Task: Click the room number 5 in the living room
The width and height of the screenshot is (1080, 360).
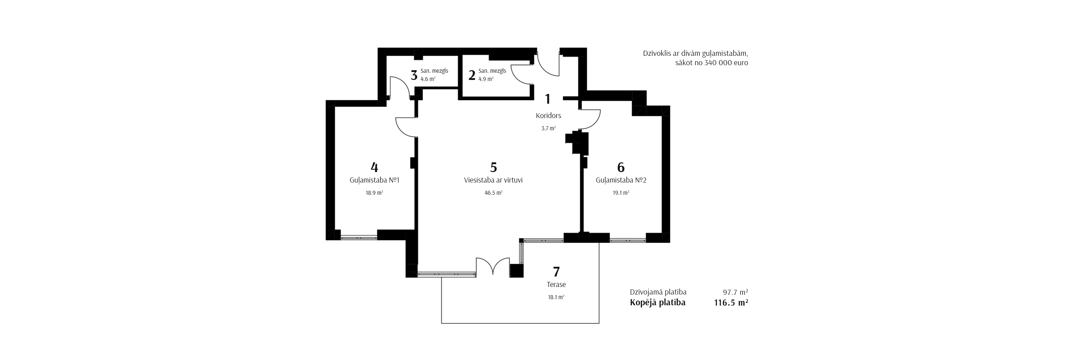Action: pyautogui.click(x=494, y=167)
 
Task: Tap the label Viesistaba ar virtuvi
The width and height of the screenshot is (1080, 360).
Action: pyautogui.click(x=493, y=180)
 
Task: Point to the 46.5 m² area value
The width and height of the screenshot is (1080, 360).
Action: pyautogui.click(x=493, y=193)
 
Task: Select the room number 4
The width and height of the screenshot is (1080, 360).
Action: pyautogui.click(x=374, y=167)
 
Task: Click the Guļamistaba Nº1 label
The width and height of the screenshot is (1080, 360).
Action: pyautogui.click(x=374, y=180)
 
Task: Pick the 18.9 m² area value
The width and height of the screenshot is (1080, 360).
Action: pyautogui.click(x=374, y=193)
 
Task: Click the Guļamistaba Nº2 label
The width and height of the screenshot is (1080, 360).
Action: pyautogui.click(x=621, y=180)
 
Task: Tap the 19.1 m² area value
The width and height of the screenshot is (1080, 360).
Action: pyautogui.click(x=621, y=193)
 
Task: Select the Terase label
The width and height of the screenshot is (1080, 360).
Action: pyautogui.click(x=556, y=284)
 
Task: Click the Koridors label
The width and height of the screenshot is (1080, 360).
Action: pyautogui.click(x=548, y=116)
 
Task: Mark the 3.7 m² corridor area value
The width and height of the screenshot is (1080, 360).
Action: pyautogui.click(x=548, y=129)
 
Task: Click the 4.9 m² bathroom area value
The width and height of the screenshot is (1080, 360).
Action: pyautogui.click(x=486, y=79)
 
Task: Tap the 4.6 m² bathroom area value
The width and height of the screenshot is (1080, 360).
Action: pyautogui.click(x=428, y=79)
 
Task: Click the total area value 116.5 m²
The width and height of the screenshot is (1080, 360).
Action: pyautogui.click(x=731, y=303)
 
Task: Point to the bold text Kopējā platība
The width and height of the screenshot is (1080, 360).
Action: pyautogui.click(x=657, y=303)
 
